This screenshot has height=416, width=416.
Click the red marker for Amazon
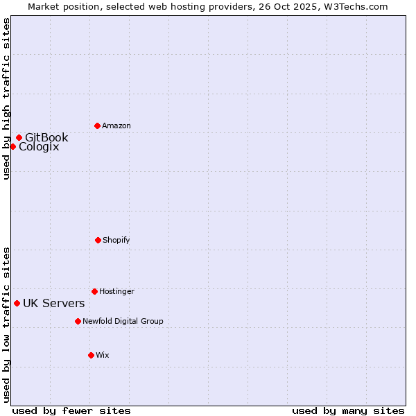pos(98,125)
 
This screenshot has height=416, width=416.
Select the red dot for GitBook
pos(19,137)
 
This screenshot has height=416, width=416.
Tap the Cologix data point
pos(12,146)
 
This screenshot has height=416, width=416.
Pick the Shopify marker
pos(98,240)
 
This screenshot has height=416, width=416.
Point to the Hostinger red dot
pos(94,291)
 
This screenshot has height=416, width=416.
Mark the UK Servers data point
pos(17,303)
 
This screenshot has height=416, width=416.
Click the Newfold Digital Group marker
pos(78,321)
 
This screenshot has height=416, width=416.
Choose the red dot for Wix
pos(91,355)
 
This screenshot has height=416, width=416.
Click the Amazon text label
pos(116,125)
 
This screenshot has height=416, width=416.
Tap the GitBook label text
pos(46,137)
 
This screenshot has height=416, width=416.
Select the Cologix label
pos(39,147)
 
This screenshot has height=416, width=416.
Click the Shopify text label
pos(116,240)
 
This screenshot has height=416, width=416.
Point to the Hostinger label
pos(116,291)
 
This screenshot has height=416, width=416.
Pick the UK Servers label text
pos(54,304)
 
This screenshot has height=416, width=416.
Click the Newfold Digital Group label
pos(123,321)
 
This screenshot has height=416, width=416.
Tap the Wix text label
pos(103,355)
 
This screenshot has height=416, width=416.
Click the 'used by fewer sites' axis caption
pos(71,410)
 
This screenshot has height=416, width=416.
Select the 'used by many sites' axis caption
pos(348,410)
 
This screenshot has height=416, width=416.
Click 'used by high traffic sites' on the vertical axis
pos(6,98)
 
